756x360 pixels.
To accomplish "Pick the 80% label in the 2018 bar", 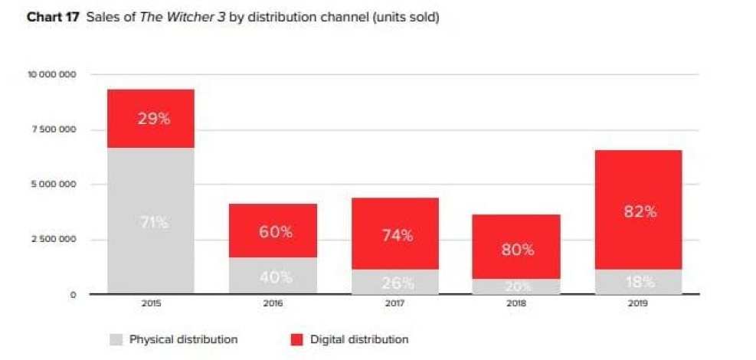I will coord(519,250).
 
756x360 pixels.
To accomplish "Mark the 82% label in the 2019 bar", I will coord(640,212).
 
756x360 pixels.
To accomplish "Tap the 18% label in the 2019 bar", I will coord(640,282).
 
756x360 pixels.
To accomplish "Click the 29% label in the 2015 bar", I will coord(153,119).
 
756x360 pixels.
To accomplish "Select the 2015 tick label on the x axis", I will coord(151,303).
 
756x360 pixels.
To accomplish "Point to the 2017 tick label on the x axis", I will coord(395,303).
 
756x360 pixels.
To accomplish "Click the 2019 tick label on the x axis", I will coord(639,303).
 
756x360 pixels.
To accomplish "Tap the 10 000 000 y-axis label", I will coord(51,74).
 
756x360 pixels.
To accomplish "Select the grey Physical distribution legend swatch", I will coord(116,339).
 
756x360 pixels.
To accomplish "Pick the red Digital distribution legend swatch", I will coord(297,339).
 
